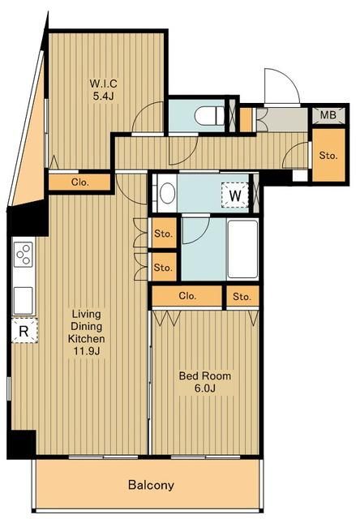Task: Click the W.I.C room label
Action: click(103, 84)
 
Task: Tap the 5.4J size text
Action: click(103, 97)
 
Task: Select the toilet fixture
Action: click(210, 116)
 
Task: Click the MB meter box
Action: click(328, 115)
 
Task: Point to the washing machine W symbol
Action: click(235, 195)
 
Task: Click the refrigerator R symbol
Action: click(24, 330)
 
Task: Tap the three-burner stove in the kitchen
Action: click(24, 254)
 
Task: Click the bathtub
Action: click(242, 249)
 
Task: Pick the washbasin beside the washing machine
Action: click(167, 194)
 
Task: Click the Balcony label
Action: click(151, 485)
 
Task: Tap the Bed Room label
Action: click(205, 376)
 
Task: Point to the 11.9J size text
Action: click(87, 351)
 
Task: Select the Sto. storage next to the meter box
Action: click(328, 155)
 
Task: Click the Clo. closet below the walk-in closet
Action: click(79, 182)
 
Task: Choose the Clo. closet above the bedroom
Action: click(187, 295)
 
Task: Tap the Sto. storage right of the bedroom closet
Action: click(242, 296)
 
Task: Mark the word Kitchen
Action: click(87, 339)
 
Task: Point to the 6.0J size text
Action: click(205, 388)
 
